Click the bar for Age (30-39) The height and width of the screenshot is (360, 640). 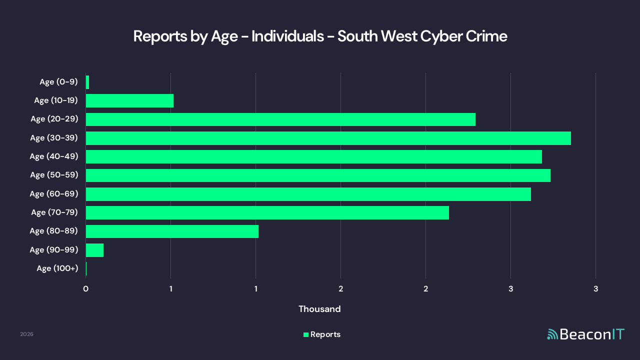328,138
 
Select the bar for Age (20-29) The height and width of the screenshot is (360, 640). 280,119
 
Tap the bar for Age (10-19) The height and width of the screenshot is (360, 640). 129,100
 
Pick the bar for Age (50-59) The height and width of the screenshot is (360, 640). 318,175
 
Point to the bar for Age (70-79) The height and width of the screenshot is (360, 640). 267,213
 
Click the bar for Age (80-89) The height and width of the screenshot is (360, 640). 172,231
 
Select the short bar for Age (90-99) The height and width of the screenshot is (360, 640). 94,250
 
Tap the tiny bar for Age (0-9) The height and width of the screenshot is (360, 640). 87,82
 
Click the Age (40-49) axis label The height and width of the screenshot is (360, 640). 54,156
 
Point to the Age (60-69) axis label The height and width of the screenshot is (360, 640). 54,194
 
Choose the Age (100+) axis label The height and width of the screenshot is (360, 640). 57,268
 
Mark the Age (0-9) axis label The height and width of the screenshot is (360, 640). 59,82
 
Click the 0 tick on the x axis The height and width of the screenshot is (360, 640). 86,288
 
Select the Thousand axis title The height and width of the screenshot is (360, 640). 319,309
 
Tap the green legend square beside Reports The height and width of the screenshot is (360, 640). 306,334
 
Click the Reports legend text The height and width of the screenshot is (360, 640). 325,334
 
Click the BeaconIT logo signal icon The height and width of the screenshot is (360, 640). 552,334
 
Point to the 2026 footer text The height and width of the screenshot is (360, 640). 26,334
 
